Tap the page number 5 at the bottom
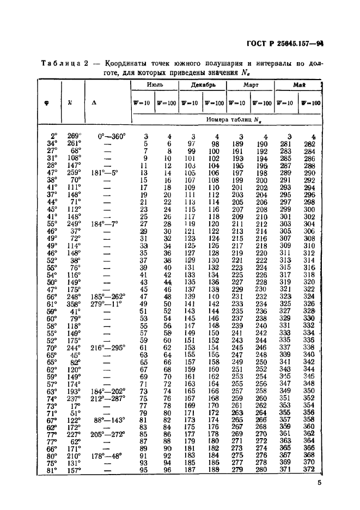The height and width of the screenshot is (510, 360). point(319,482)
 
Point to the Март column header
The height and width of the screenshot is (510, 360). point(251,85)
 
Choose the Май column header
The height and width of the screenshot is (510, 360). point(298,85)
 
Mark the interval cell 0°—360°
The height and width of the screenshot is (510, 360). point(111,136)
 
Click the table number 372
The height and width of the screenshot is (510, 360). point(309,469)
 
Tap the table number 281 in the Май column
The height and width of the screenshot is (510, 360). point(286,143)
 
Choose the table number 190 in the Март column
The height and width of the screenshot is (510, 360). point(261,143)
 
